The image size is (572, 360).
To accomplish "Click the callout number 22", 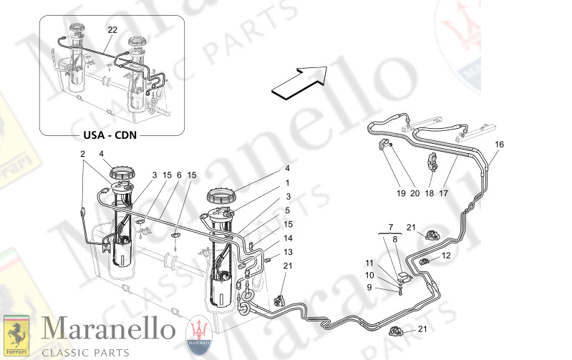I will pyautogui.click(x=112, y=30).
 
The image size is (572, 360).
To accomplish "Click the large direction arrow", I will pyautogui.click(x=299, y=79).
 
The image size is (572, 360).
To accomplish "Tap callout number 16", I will pyautogui.click(x=499, y=145).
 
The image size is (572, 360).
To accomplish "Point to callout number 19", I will pyautogui.click(x=402, y=193).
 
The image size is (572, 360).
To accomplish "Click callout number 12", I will pyautogui.click(x=445, y=255).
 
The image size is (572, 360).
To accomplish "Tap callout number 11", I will pyautogui.click(x=370, y=263).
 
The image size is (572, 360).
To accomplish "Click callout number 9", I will pyautogui.click(x=370, y=287).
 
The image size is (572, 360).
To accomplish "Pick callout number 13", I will pyautogui.click(x=289, y=252).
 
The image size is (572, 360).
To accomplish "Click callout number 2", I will pyautogui.click(x=83, y=154).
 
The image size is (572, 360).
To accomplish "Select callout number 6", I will pyautogui.click(x=179, y=175).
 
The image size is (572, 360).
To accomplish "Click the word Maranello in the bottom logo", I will pyautogui.click(x=109, y=330).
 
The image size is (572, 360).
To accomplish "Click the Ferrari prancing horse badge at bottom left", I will pyautogui.click(x=16, y=335).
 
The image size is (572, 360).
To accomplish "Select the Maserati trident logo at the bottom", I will pyautogui.click(x=200, y=336).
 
